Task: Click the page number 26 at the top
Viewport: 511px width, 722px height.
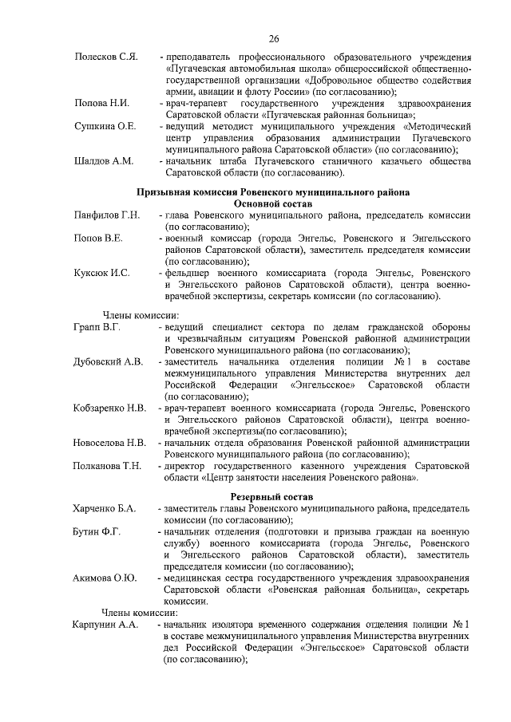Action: (x=273, y=38)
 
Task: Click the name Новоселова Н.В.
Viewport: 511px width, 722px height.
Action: (x=109, y=442)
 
